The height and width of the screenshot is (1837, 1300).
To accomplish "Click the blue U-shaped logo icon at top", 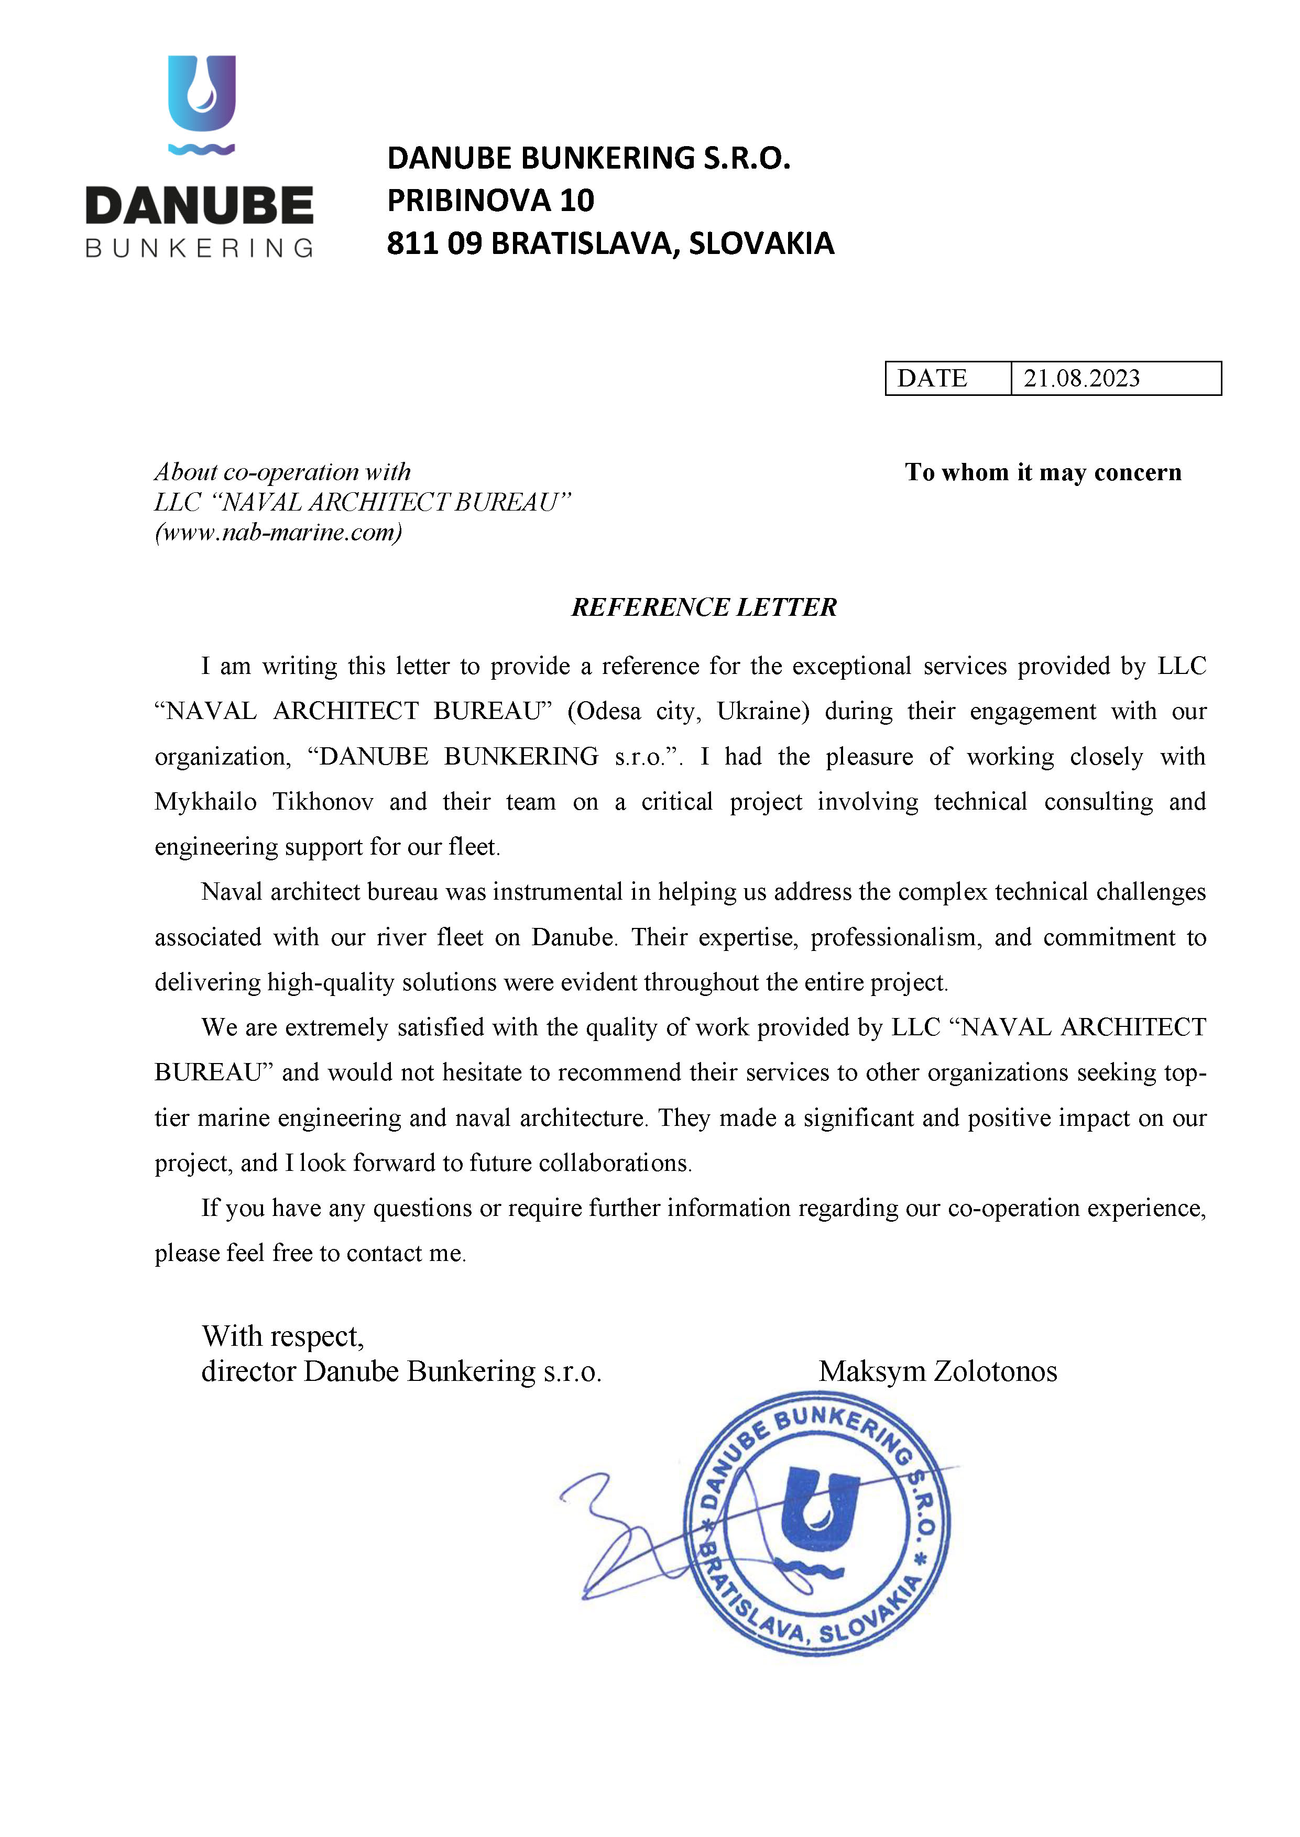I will pos(201,94).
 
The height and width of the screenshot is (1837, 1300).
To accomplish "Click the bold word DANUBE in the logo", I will pos(199,206).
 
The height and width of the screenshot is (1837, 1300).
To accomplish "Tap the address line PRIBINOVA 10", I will pos(490,201).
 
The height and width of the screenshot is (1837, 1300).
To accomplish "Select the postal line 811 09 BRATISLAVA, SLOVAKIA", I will pos(610,243).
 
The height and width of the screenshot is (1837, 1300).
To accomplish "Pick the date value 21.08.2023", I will pos(1081,379).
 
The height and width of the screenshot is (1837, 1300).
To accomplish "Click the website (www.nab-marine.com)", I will pos(278,532).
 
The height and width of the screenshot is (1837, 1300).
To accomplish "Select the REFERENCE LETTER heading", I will pos(704,607).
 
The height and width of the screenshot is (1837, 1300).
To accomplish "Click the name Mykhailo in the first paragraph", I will pos(206,802).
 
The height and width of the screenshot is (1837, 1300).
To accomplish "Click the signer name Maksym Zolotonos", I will pos(937,1371).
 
